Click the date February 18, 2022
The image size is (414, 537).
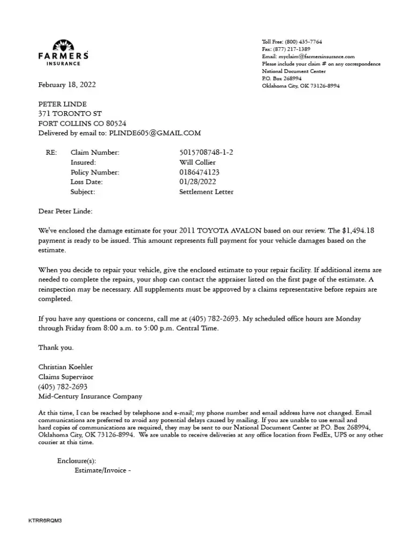(67, 85)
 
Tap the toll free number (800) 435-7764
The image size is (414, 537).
(303, 42)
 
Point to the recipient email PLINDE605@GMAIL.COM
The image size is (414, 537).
(154, 133)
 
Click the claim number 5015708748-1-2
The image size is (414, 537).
(206, 153)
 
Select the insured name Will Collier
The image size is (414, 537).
(197, 163)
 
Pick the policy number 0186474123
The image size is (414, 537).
(199, 172)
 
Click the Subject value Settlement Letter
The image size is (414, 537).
(206, 192)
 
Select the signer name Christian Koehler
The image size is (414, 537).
(65, 367)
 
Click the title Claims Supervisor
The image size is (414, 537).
(66, 377)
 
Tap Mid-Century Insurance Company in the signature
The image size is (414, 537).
(90, 397)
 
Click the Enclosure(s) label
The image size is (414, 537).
(76, 461)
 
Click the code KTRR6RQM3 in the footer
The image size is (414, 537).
(45, 521)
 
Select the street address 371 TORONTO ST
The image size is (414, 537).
(70, 114)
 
